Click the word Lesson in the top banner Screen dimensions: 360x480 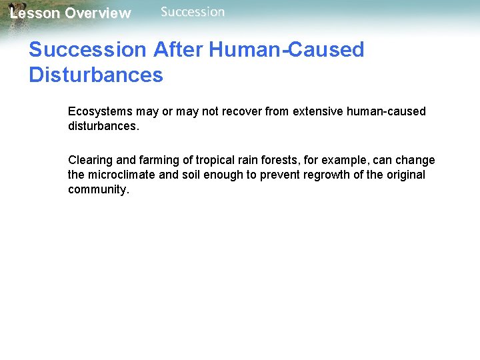point(35,13)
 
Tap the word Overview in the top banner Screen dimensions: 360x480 point(98,13)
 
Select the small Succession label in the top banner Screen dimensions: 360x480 point(193,12)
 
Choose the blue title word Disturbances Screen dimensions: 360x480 point(96,75)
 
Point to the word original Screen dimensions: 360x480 point(403,175)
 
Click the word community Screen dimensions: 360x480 point(97,189)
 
